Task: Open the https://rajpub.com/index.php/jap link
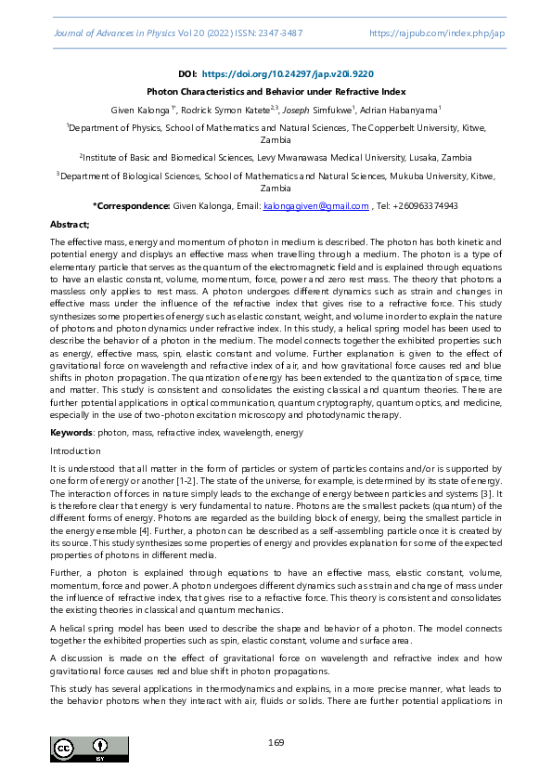point(437,33)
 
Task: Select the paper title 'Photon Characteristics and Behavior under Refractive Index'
point(276,92)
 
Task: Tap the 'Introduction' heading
point(75,450)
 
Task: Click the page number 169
point(276,742)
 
